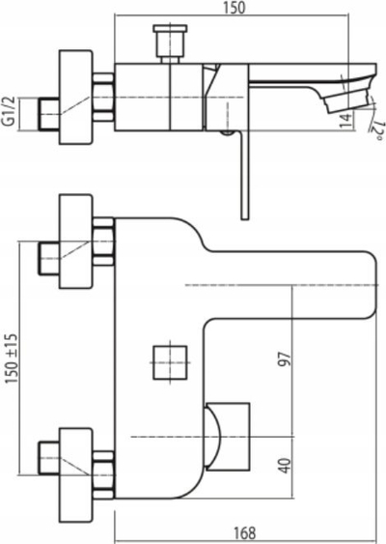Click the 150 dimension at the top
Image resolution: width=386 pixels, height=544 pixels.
click(x=234, y=8)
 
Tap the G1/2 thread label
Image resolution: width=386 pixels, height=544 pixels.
click(x=10, y=112)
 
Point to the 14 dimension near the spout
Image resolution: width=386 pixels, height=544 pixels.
click(x=346, y=121)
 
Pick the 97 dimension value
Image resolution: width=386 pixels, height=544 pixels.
click(x=285, y=359)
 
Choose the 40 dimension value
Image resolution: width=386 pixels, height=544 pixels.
click(x=285, y=466)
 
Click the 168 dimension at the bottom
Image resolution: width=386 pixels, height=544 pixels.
click(x=244, y=533)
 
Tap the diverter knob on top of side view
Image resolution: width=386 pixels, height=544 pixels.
click(x=170, y=43)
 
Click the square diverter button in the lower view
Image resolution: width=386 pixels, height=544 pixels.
click(x=170, y=362)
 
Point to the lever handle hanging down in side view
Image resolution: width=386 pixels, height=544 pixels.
click(x=245, y=175)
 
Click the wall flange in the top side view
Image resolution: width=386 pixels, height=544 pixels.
click(x=76, y=98)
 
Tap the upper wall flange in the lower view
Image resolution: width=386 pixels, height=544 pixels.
click(x=76, y=242)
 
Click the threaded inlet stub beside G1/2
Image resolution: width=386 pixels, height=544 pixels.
click(x=48, y=114)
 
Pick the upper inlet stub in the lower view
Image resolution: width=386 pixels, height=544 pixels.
click(x=48, y=259)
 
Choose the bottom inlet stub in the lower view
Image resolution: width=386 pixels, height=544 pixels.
click(x=48, y=458)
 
